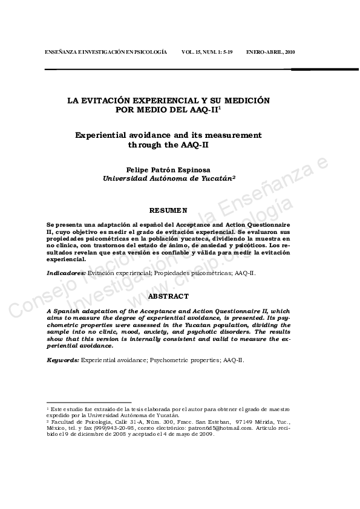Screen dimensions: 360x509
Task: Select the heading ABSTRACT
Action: tap(168, 296)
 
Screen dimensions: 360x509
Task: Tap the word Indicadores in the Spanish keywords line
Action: tap(66, 273)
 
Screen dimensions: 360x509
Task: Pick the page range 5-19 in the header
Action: tap(224, 53)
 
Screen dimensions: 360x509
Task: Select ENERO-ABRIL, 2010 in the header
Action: tap(270, 53)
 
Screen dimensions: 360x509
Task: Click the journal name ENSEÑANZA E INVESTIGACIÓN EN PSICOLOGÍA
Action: tap(106, 53)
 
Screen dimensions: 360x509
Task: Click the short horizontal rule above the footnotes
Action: tap(89, 402)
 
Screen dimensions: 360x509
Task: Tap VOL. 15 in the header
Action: tap(192, 53)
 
